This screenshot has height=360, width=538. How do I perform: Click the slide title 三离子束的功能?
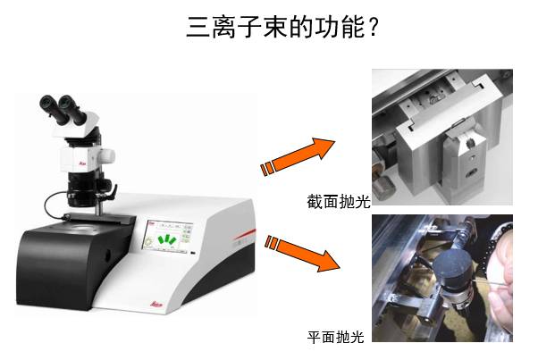point(282,27)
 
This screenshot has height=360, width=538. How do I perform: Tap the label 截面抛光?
point(339,202)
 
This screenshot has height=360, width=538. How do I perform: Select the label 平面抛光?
point(335,337)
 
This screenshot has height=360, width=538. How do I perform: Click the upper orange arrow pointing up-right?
point(298,156)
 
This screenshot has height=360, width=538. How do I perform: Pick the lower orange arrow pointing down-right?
point(302,253)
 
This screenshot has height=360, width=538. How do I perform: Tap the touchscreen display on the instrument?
point(168,237)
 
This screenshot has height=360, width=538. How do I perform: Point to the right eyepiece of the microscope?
point(71,108)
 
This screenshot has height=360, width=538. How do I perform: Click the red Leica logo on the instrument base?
point(156,304)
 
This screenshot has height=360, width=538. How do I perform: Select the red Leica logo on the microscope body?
point(83,163)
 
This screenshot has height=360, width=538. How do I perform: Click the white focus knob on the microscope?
point(106,155)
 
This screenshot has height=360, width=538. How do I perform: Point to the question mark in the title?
point(373,28)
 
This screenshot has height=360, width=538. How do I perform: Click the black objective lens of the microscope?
point(82,189)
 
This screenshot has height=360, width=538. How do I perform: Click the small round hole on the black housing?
point(108,254)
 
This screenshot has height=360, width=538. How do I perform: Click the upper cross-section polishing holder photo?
point(442,138)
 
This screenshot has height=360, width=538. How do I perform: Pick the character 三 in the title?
point(198,28)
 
